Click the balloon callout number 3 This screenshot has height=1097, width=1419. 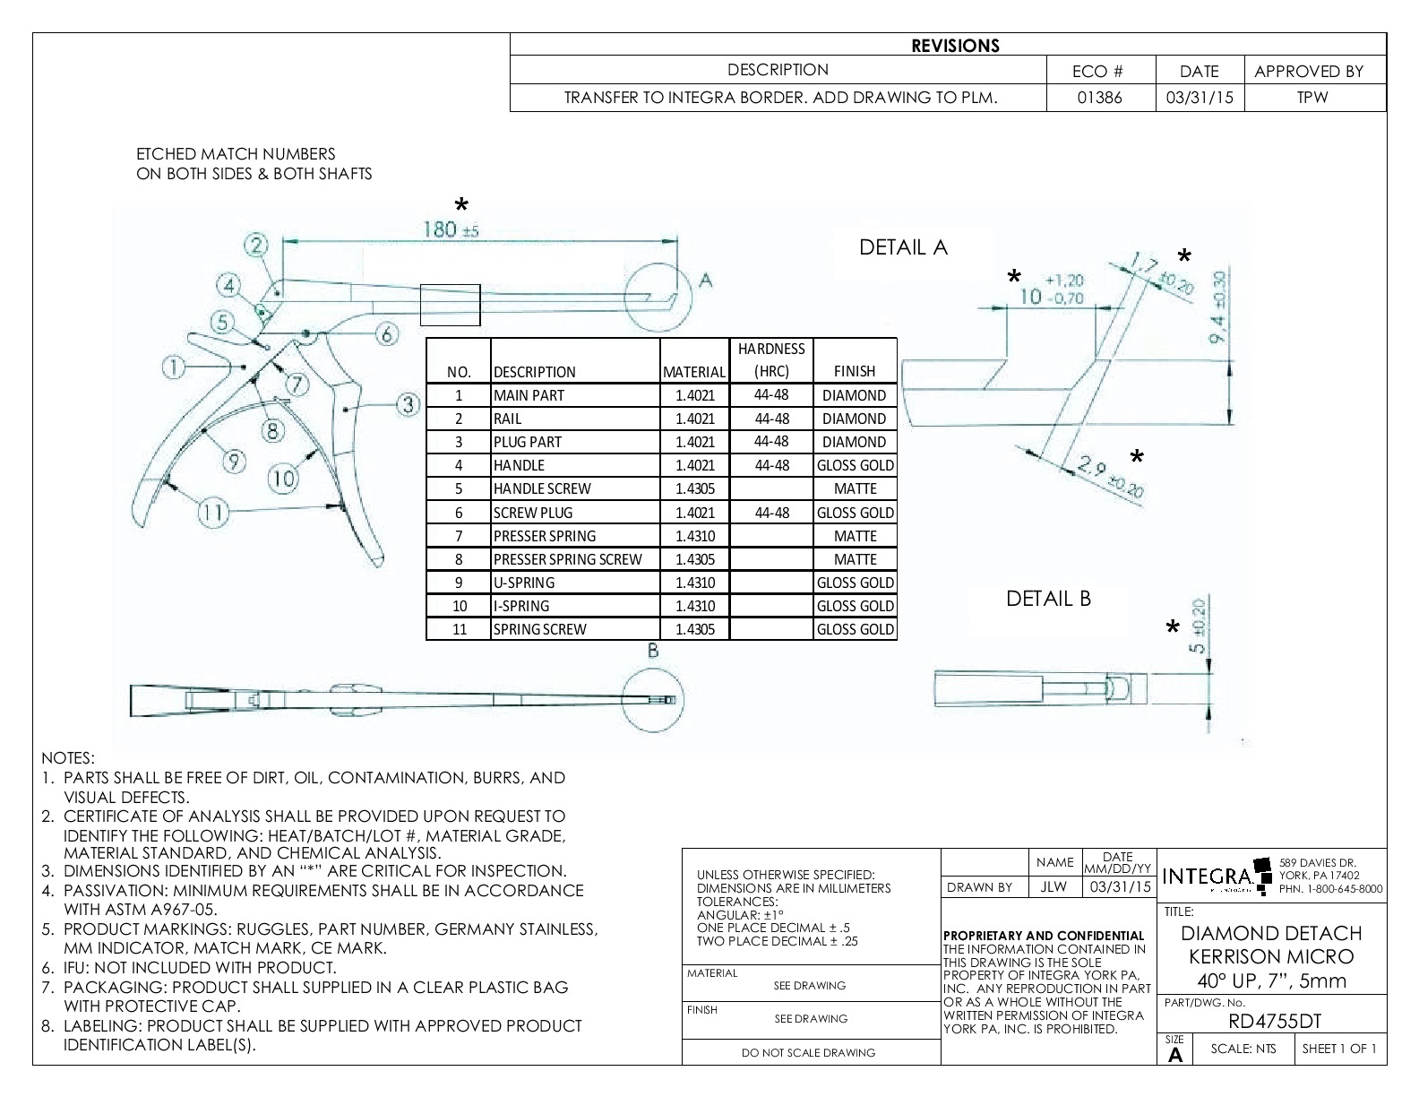coord(408,404)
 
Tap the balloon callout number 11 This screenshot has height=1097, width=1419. coord(212,512)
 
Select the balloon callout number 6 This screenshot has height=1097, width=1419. coord(386,334)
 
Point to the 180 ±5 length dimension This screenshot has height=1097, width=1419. coord(450,230)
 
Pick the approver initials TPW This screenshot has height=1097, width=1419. coord(1312,98)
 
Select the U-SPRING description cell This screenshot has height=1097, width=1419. coord(523,583)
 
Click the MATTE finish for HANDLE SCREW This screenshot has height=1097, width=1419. coord(855,488)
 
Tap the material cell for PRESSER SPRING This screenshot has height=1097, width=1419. coord(694,536)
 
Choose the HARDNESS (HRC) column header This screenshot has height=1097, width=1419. coord(771,359)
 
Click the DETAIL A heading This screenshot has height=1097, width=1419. coord(903,247)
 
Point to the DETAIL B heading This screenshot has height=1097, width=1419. coord(1048,599)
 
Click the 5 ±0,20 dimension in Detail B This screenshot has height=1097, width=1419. coord(1200,626)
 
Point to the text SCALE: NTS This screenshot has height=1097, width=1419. coord(1243,1049)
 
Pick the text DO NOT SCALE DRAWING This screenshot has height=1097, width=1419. coord(808,1053)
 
